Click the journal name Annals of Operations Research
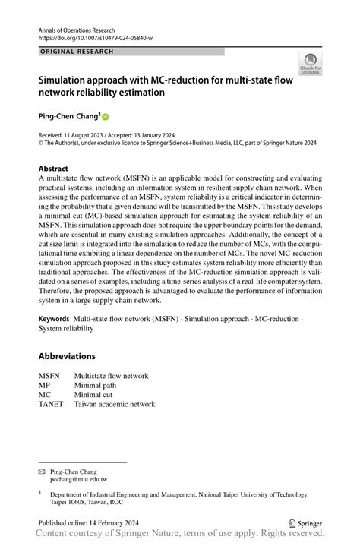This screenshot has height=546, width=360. pyautogui.click(x=80, y=27)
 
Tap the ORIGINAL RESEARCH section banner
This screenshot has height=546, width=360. pyautogui.click(x=76, y=52)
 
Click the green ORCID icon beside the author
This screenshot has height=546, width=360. pyautogui.click(x=106, y=117)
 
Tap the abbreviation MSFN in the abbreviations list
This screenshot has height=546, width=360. pyautogui.click(x=51, y=376)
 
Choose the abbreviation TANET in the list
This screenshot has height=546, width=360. pyautogui.click(x=53, y=404)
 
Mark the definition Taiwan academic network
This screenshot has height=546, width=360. pyautogui.click(x=114, y=404)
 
